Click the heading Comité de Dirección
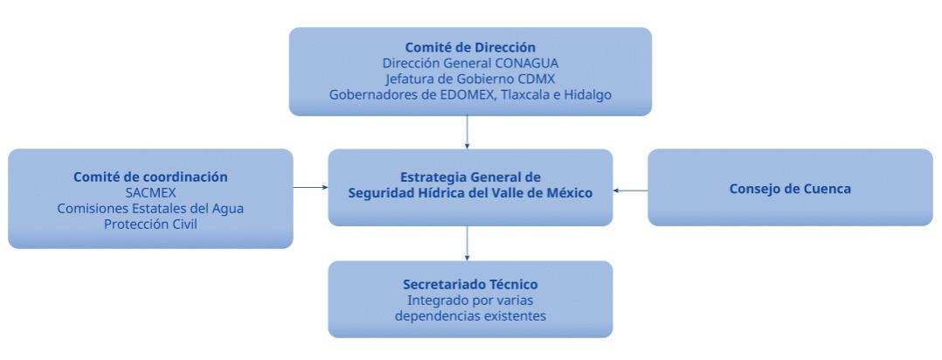click(x=470, y=47)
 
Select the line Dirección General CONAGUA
click(x=470, y=63)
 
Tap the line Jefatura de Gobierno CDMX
click(x=470, y=79)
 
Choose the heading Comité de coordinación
click(x=150, y=177)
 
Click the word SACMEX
click(x=150, y=192)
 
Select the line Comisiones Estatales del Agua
click(x=150, y=208)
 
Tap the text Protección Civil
click(x=150, y=224)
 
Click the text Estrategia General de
click(x=470, y=177)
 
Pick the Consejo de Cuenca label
click(x=790, y=188)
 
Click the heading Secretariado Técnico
click(x=470, y=285)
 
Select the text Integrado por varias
click(x=470, y=301)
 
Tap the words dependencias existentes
click(x=470, y=316)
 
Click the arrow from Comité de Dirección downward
click(x=468, y=132)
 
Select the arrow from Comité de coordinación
click(x=310, y=187)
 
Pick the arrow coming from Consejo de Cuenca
click(x=630, y=190)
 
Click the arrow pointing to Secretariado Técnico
click(x=468, y=244)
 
